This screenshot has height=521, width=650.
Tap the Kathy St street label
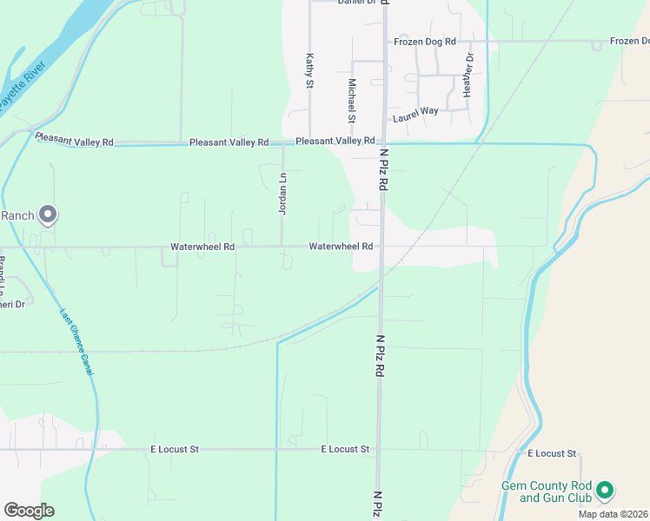click(308, 71)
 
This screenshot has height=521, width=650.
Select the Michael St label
click(352, 100)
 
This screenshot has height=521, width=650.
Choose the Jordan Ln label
click(282, 193)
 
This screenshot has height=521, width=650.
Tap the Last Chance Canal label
click(76, 343)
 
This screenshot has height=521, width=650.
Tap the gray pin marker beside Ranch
click(48, 214)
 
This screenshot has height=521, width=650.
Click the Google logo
click(29, 511)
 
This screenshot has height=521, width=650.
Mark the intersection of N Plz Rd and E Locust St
click(379, 450)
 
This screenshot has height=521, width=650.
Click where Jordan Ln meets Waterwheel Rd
click(282, 247)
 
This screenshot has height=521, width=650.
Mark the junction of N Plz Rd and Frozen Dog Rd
click(385, 41)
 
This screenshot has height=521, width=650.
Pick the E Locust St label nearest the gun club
click(552, 454)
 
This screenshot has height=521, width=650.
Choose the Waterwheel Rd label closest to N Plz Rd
click(341, 247)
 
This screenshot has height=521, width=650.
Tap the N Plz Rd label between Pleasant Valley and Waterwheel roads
click(383, 172)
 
